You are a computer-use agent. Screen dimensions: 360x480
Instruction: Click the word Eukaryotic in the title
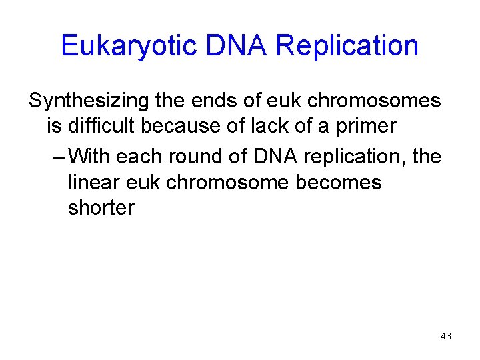[127, 46]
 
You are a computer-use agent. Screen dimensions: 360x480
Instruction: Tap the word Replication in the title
[347, 46]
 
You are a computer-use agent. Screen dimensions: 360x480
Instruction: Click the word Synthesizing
[84, 101]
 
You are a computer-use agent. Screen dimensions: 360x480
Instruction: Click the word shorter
[101, 207]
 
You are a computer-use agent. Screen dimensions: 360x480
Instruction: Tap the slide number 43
[445, 336]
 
